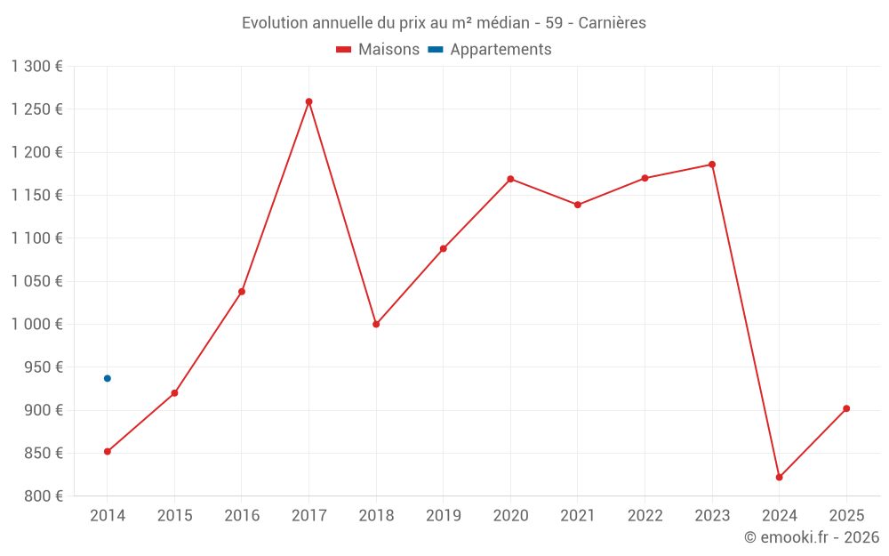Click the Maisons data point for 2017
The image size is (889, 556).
(x=308, y=101)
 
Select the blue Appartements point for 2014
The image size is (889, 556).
(x=108, y=378)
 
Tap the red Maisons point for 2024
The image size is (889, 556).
(x=779, y=478)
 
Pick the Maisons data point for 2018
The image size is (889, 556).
(x=376, y=324)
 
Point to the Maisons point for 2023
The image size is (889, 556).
(x=712, y=165)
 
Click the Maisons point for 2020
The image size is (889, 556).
(x=510, y=179)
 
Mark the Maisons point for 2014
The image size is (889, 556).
(x=108, y=451)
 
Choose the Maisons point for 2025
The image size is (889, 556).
(x=846, y=408)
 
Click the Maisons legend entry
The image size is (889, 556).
(x=378, y=50)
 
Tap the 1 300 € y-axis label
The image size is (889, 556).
(x=37, y=67)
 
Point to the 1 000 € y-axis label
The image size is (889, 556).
(x=37, y=325)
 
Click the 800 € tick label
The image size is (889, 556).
(x=43, y=496)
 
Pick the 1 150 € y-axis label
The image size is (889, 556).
(x=37, y=196)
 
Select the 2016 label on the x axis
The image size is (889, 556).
(x=242, y=516)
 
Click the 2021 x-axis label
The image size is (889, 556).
(x=578, y=516)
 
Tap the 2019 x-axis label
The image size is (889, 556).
(x=444, y=516)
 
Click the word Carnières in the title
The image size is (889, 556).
(x=612, y=23)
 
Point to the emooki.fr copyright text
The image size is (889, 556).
(x=812, y=537)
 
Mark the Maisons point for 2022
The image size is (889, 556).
(x=645, y=178)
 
